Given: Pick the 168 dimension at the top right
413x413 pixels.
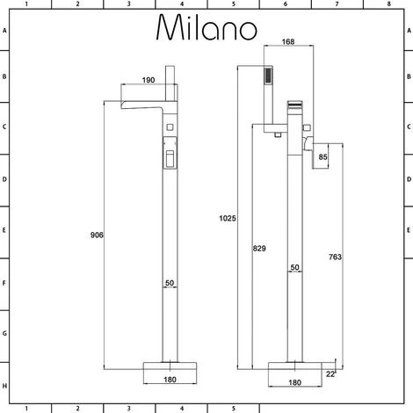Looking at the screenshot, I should pyautogui.click(x=288, y=42).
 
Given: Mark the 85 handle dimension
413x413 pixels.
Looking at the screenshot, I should pyautogui.click(x=323, y=158).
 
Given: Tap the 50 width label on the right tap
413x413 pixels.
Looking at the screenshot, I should pyautogui.click(x=295, y=267).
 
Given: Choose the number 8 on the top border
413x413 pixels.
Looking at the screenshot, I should pyautogui.click(x=389, y=4).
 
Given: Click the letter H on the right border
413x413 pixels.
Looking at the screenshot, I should pyautogui.click(x=409, y=386).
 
